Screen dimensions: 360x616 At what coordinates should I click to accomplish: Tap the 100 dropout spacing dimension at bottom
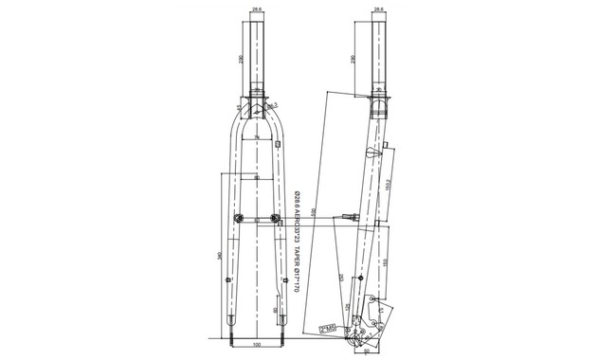[258, 345]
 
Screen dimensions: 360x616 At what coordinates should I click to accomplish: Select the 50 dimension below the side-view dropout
[367, 351]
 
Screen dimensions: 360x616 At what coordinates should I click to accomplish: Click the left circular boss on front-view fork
[238, 220]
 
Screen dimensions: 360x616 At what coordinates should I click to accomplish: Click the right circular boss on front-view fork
[277, 220]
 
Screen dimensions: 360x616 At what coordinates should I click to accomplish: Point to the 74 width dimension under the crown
[258, 139]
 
